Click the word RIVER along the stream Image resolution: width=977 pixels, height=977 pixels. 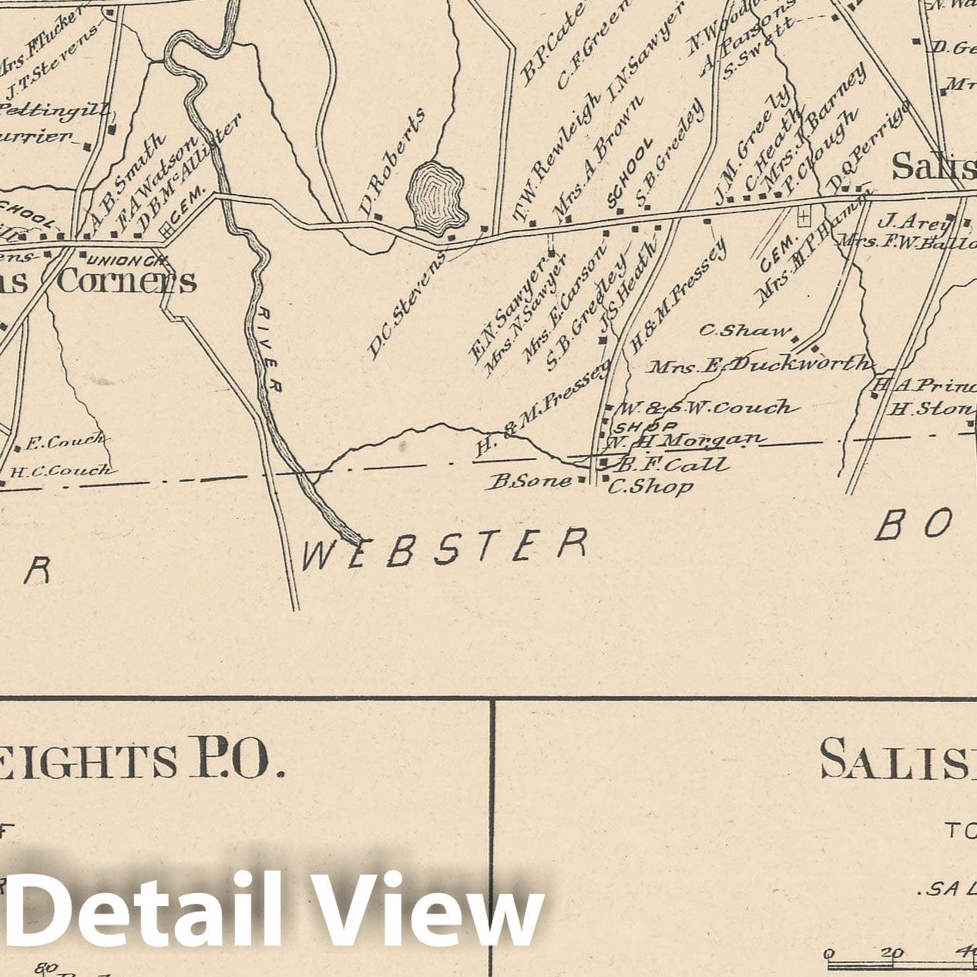pos(267,349)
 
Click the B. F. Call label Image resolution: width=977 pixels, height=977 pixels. pos(672,465)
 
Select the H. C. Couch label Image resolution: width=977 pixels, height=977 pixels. pos(60,470)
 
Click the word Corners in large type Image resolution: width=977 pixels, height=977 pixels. pos(127,281)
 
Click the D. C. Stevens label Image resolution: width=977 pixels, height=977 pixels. pos(406,306)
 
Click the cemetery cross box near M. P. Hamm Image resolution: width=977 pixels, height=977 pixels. pos(804,217)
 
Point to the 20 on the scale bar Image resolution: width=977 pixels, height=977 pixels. pos(893,953)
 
